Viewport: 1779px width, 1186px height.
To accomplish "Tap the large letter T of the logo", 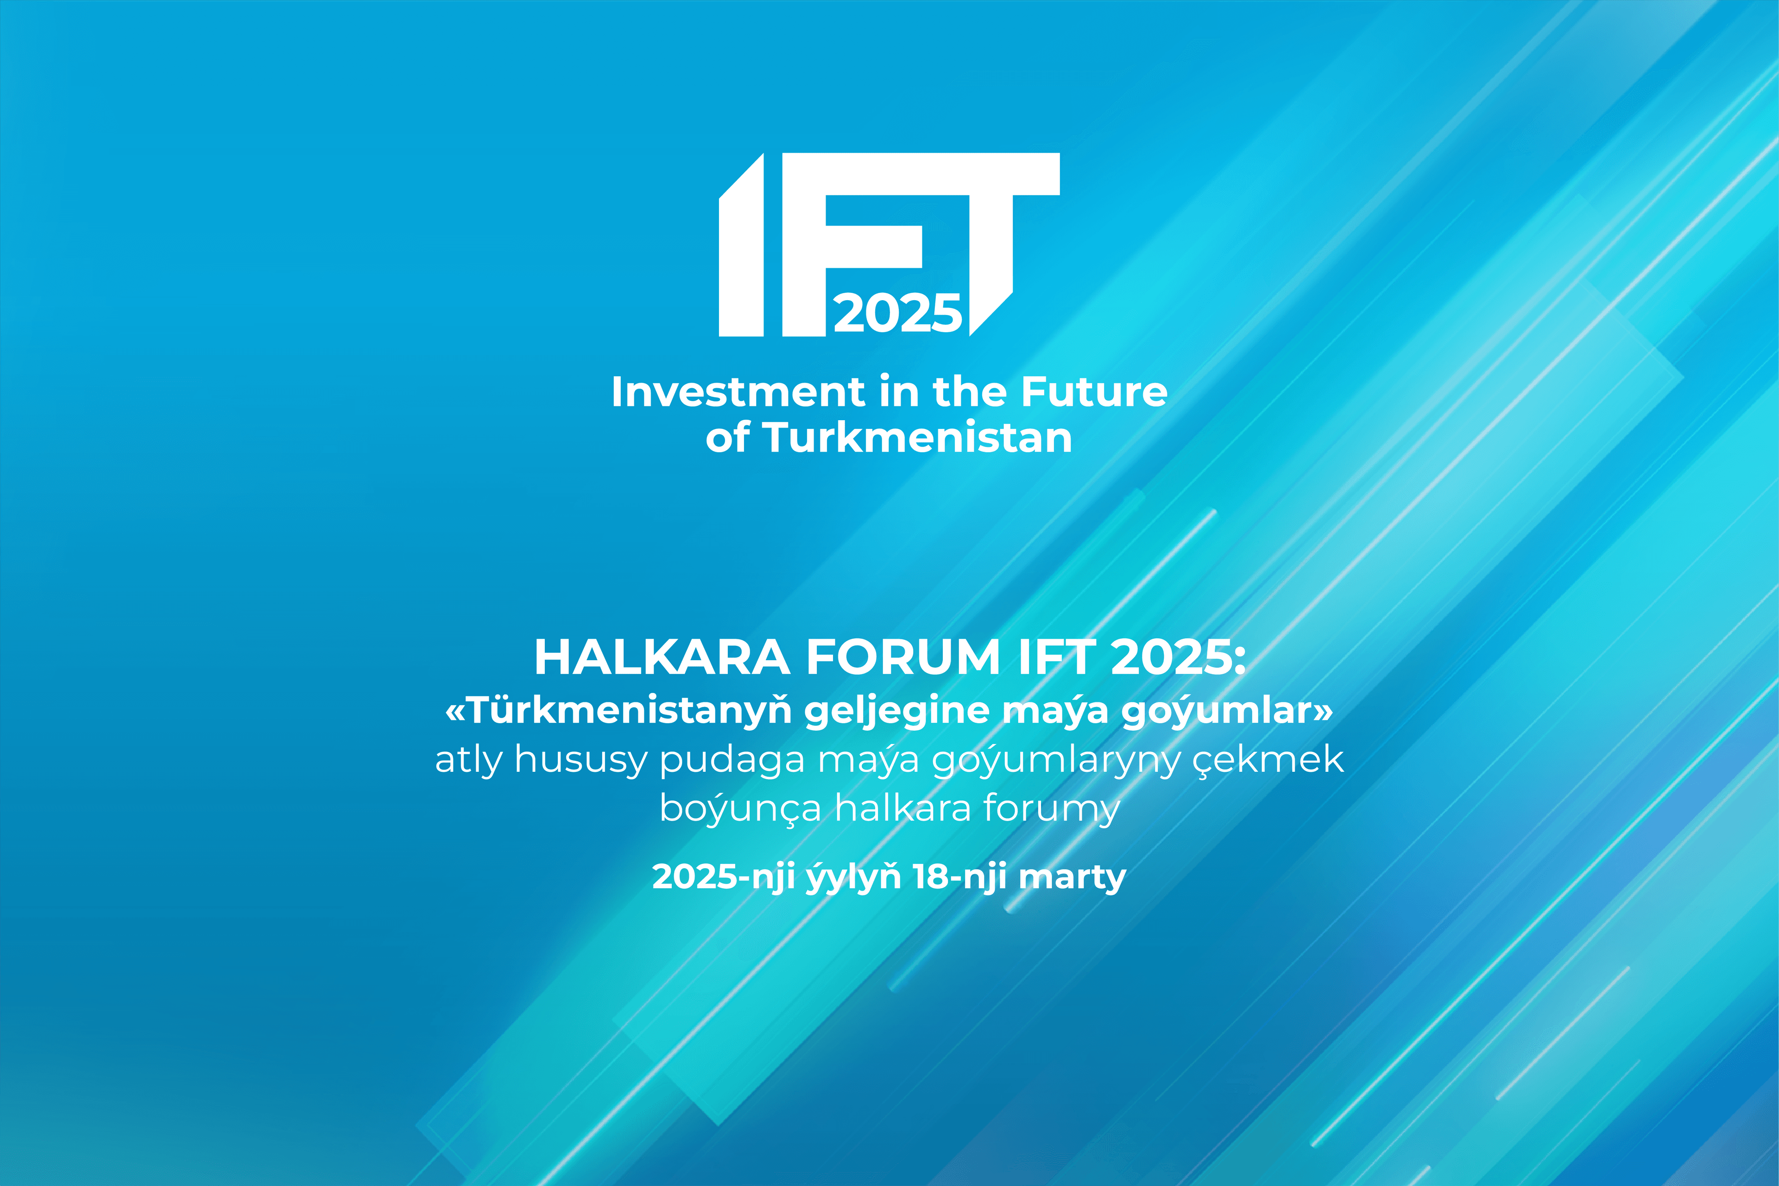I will [x=991, y=227].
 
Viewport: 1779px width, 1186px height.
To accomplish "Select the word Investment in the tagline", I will [x=738, y=392].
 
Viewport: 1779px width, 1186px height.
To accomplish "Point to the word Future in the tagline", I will [x=1094, y=392].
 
